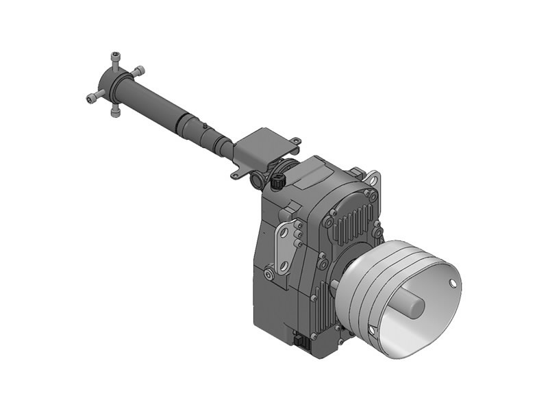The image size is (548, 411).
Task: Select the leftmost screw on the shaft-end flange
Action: coord(91,99)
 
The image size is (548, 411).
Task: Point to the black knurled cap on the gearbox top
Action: coord(277,183)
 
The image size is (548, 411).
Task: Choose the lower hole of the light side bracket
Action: coord(282,264)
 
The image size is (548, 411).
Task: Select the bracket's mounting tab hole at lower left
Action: coord(234,175)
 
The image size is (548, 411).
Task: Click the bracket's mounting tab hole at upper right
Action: coord(295,141)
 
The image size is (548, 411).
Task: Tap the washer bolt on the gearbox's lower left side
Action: coord(269,275)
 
